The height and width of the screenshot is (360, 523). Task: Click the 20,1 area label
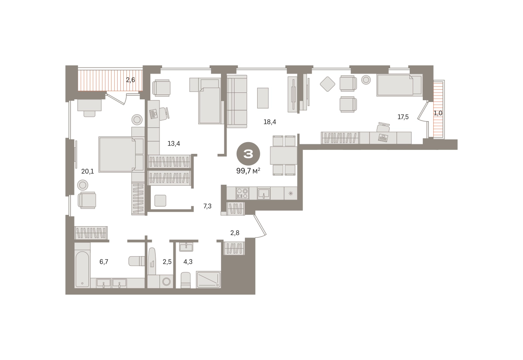click(x=88, y=172)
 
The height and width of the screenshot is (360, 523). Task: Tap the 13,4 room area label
click(x=174, y=143)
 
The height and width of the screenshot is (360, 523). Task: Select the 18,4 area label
click(x=270, y=122)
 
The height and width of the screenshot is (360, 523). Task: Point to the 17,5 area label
click(x=403, y=117)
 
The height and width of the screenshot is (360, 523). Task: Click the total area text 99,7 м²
click(x=248, y=171)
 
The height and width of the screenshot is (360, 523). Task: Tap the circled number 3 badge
click(x=248, y=154)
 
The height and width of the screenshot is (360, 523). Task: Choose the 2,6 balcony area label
click(x=130, y=80)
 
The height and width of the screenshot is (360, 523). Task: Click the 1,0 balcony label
click(x=438, y=113)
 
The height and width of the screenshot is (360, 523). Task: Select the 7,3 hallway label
click(x=207, y=206)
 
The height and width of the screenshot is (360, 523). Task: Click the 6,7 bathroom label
click(x=104, y=262)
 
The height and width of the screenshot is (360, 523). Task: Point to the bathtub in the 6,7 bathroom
click(x=82, y=269)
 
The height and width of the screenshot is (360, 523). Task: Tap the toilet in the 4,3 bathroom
click(x=186, y=280)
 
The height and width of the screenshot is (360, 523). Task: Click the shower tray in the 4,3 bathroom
click(x=208, y=279)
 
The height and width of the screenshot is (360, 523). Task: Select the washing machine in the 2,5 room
click(x=166, y=282)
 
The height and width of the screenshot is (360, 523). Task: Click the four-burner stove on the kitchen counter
click(x=242, y=194)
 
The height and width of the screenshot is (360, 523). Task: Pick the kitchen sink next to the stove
click(x=264, y=194)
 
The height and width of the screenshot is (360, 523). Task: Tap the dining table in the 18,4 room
click(x=284, y=156)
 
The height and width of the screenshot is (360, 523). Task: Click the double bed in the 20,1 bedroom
click(x=117, y=155)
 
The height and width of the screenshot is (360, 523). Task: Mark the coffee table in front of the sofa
click(x=263, y=98)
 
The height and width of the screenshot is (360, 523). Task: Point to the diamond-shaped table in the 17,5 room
click(x=328, y=84)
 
